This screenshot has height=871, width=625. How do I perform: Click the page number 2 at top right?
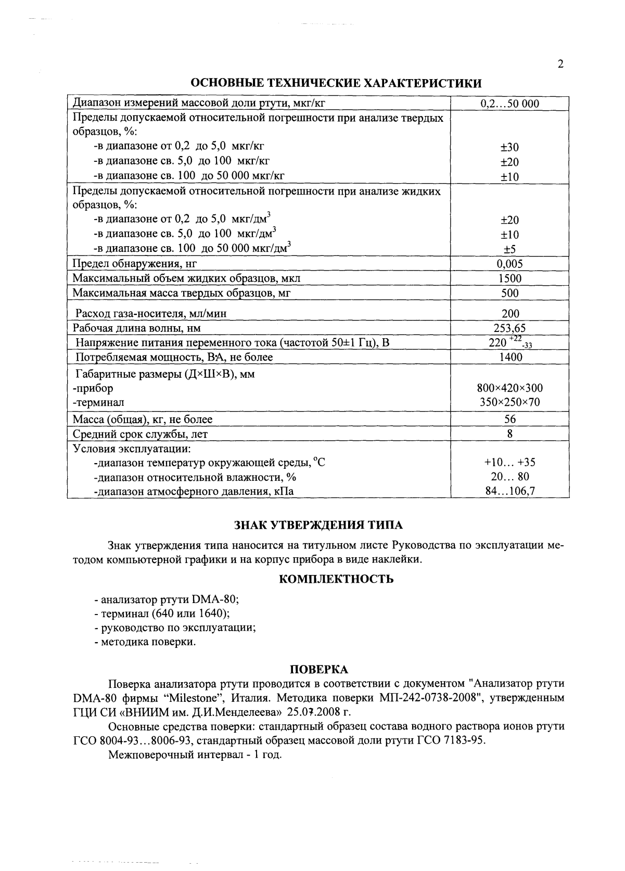(560, 65)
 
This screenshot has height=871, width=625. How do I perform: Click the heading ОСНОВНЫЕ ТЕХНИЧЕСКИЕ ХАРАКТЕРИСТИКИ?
(336, 83)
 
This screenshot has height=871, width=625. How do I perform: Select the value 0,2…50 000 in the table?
(509, 104)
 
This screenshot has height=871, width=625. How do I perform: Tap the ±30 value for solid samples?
(509, 148)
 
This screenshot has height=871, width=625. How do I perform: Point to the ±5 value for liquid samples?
(509, 249)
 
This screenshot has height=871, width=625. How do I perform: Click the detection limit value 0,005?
(509, 264)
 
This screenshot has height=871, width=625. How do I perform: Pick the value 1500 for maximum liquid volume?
(509, 278)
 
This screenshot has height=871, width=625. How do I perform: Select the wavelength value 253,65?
(509, 328)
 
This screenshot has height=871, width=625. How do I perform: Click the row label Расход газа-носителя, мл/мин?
(151, 314)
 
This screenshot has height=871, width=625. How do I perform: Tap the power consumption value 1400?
(509, 357)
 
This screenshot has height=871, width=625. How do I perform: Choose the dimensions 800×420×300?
(509, 388)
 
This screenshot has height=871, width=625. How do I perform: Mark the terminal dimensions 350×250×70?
(509, 403)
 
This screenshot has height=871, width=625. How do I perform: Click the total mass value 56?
(509, 419)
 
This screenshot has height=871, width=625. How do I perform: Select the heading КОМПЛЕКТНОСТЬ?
(336, 579)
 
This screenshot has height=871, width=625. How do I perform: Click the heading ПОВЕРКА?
(318, 670)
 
